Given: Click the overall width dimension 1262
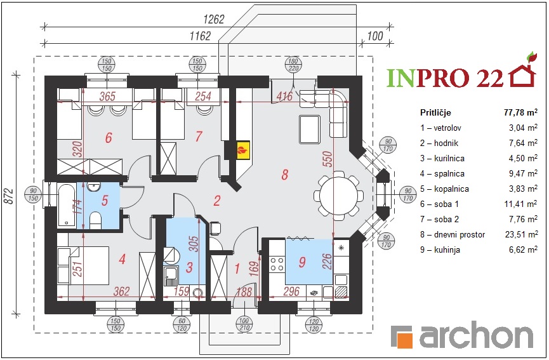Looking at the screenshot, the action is (214, 19).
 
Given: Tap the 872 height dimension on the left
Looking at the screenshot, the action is (10, 196).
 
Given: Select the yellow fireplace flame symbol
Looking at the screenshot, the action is (242, 150).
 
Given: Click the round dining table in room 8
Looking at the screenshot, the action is (338, 196).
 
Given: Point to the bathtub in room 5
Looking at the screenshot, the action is (66, 205).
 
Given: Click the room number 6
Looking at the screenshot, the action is (109, 138).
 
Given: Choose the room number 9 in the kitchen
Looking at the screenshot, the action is (302, 262).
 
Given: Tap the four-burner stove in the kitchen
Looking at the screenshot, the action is (277, 264).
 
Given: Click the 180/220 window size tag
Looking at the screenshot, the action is (293, 64).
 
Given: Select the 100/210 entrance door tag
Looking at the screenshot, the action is (244, 324).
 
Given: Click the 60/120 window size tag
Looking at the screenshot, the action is (182, 324).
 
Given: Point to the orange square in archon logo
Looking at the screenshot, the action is (406, 340).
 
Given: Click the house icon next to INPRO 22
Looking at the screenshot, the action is (523, 72).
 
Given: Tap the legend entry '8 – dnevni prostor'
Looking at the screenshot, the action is (453, 235).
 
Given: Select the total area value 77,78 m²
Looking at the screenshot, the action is (520, 112).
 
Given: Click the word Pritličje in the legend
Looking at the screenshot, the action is (435, 113).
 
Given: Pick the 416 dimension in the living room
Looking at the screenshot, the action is (284, 96).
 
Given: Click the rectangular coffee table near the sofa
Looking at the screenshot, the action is (310, 130).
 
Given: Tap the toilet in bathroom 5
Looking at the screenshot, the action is (95, 219).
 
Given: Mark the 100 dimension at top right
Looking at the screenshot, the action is (375, 36).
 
